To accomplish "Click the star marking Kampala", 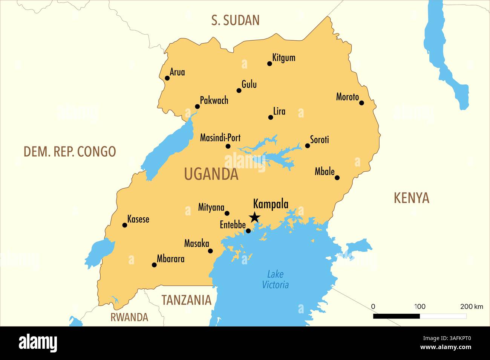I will tap(255, 217).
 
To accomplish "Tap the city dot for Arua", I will tap(167, 78).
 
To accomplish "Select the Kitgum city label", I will tap(284, 58).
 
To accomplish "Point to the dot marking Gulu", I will tap(239, 90).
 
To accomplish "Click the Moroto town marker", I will tap(361, 103).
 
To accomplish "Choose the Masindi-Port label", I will tap(220, 138).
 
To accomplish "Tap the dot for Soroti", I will tap(307, 146).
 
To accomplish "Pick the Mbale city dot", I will tap(337, 178).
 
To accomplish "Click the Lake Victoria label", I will tap(275, 279).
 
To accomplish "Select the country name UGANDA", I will tap(211, 174).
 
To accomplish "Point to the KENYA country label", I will tap(411, 198).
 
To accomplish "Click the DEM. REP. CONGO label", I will tap(70, 151).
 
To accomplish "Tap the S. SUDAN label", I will tap(235, 20).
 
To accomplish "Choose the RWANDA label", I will tap(129, 317).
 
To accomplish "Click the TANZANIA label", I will tap(186, 300).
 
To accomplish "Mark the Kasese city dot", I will tap(125, 225).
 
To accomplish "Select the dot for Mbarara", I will tap(154, 265).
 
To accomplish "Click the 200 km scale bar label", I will tap(472, 307).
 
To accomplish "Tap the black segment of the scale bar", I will tap(396, 316).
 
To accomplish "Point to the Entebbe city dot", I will tap(248, 231).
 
